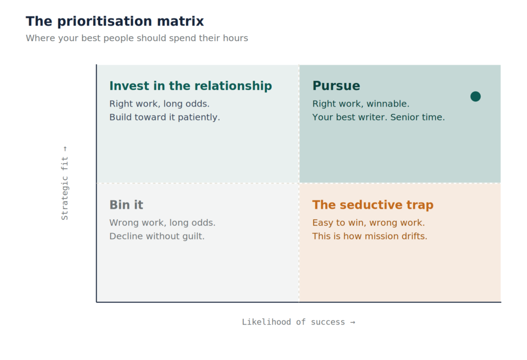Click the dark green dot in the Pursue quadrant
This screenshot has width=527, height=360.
click(x=475, y=96)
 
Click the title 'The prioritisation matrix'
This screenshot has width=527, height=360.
click(x=115, y=21)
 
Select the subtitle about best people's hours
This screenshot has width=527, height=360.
click(x=137, y=38)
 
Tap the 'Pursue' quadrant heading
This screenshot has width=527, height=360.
click(x=336, y=86)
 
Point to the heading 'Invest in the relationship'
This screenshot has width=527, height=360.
click(x=190, y=86)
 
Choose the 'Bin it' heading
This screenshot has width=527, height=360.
click(x=127, y=204)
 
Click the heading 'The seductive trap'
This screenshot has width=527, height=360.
click(x=373, y=204)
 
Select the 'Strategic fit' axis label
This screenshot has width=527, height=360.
click(x=64, y=188)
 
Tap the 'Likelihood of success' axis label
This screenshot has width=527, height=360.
click(x=293, y=322)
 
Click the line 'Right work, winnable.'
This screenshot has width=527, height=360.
click(x=361, y=104)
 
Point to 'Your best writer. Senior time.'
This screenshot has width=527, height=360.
click(x=378, y=117)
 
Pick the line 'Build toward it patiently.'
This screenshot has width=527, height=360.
click(x=165, y=117)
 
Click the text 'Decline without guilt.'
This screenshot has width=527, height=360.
click(x=157, y=236)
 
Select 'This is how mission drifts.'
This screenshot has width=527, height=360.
click(x=370, y=236)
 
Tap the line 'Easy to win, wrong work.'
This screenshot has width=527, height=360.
click(x=368, y=222)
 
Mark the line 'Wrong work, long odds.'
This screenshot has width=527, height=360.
click(x=162, y=222)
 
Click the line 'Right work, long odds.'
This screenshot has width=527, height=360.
click(x=160, y=104)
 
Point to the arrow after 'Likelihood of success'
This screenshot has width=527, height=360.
click(x=353, y=322)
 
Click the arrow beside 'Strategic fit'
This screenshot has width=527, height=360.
click(x=65, y=149)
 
